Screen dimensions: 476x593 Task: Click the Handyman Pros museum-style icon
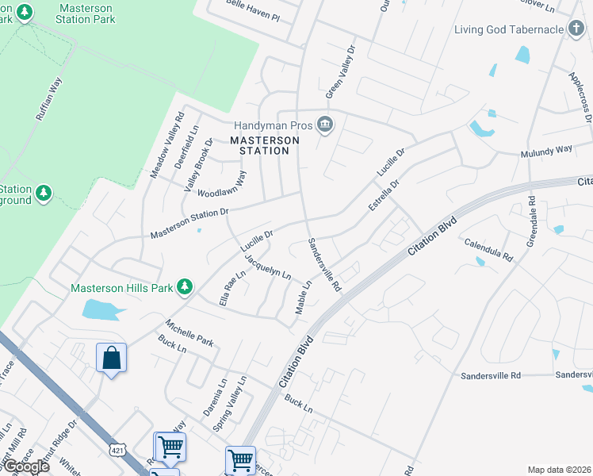click(x=324, y=125)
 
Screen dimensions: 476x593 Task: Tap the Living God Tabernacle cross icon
click(x=576, y=30)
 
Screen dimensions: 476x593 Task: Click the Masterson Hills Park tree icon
click(x=185, y=286)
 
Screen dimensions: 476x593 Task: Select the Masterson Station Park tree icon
click(x=25, y=13)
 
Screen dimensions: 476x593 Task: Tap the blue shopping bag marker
click(x=112, y=359)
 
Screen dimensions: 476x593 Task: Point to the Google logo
click(x=26, y=466)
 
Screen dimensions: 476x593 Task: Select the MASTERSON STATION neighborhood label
click(x=265, y=145)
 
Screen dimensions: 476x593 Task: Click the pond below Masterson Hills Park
click(x=101, y=309)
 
